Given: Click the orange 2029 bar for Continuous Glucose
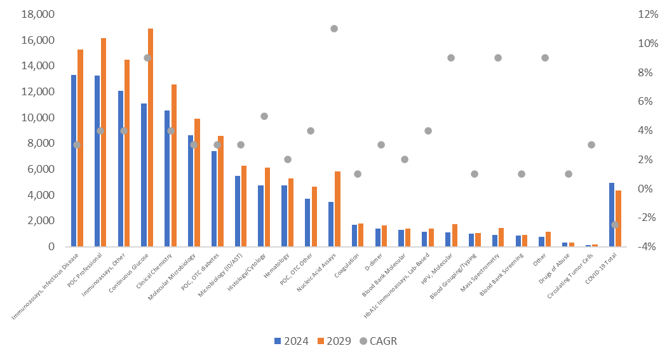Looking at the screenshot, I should pos(151,137).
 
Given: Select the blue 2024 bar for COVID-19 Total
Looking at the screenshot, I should pos(612,215).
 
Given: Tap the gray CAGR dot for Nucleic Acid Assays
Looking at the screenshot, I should pos(334,29).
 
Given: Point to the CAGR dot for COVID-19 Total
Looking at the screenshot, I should pos(615,225).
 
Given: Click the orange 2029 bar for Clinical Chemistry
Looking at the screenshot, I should pos(174,165).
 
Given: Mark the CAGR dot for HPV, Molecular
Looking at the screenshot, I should pos(451,58).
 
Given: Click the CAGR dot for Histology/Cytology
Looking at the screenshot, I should pos(264,116).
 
